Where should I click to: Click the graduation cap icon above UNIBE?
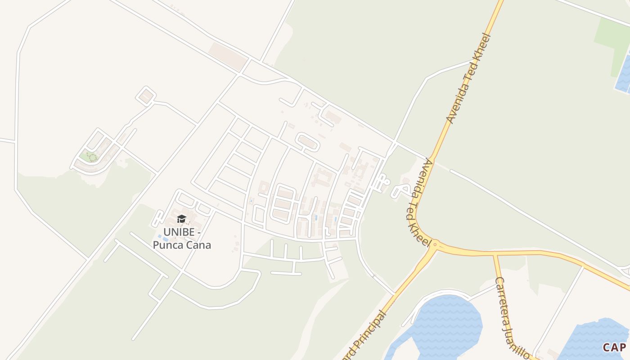tap(181, 219)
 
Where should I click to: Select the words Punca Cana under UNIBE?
tap(182, 245)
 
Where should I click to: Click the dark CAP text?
tap(614, 347)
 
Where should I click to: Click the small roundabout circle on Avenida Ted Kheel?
tap(435, 244)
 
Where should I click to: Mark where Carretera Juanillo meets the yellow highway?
tap(495, 255)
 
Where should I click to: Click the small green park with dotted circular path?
tap(90, 157)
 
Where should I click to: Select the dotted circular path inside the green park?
tap(92, 157)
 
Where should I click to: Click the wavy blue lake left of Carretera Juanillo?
tap(443, 322)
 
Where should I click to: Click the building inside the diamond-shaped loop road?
tap(146, 96)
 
